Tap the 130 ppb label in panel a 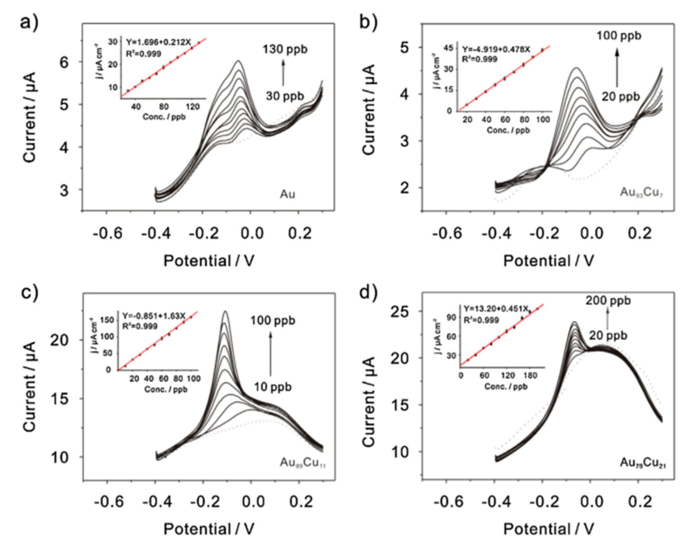click(x=285, y=50)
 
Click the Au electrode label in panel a click(x=287, y=194)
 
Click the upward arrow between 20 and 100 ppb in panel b click(x=617, y=67)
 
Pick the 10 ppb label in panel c click(x=273, y=387)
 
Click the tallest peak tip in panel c click(x=226, y=311)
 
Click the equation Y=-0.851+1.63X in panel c click(x=154, y=316)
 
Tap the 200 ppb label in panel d click(x=608, y=300)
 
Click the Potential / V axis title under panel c click(x=209, y=529)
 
